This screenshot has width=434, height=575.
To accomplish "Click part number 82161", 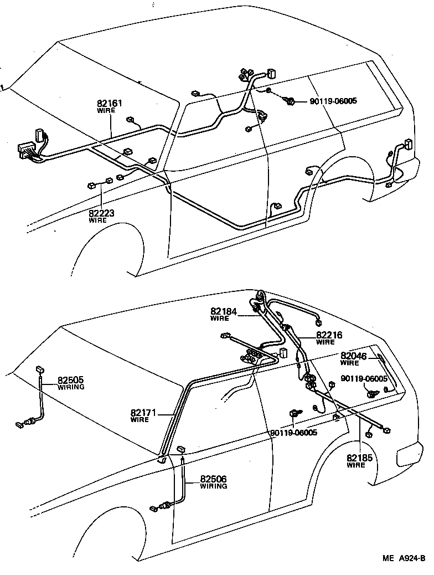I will (110, 103).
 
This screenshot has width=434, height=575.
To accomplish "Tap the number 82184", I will (223, 312).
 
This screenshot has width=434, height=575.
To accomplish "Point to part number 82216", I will (329, 335).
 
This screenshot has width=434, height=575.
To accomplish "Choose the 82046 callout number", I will (353, 356).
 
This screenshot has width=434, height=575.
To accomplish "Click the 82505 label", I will (71, 381).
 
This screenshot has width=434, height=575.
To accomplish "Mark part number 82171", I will (144, 413).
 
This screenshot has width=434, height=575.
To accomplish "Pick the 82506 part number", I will (213, 479).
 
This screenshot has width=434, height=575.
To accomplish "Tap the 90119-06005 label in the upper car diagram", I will (333, 101).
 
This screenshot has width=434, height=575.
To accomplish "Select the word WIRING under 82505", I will (71, 387).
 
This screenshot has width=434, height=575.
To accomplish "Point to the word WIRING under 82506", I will (213, 486).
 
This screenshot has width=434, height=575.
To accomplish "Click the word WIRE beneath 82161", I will (106, 110).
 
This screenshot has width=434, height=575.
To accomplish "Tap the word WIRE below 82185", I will (356, 465).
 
